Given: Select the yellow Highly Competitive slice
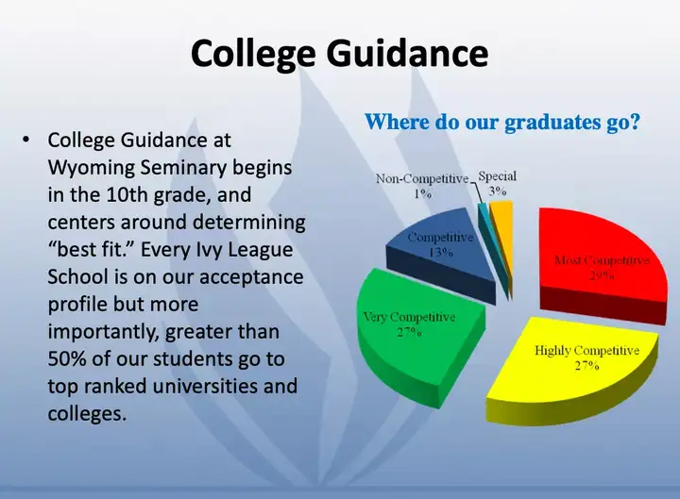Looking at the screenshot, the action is pos(572,368).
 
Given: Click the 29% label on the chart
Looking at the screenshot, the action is pos(602,275).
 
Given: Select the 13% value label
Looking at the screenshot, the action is pos(441,252).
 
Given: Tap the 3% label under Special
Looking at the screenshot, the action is pos(498,191).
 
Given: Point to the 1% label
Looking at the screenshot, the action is pos(422,193).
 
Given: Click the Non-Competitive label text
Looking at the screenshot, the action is pos(422,178).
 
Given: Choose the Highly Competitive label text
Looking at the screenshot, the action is pos(586,350).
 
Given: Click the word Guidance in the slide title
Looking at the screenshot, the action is pos(408,53).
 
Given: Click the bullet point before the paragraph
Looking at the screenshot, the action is pos(26,140).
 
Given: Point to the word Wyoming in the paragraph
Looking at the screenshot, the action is pos(91,168).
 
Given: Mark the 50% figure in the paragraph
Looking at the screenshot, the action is pos(67,359).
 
